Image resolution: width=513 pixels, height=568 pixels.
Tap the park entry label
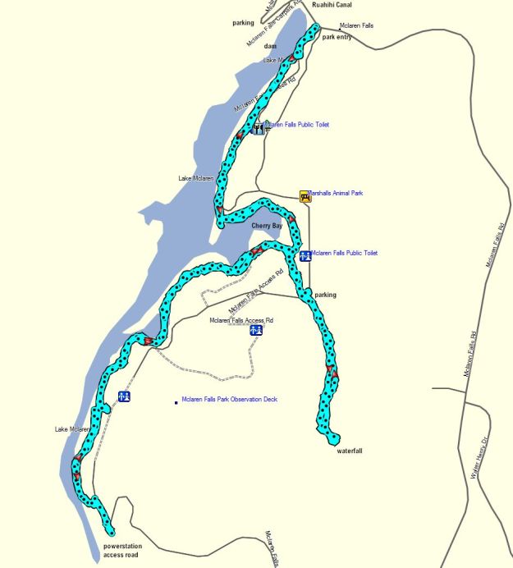click(337, 37)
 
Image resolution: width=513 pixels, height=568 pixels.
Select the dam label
click(270, 46)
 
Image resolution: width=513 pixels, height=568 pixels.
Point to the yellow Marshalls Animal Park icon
click(305, 195)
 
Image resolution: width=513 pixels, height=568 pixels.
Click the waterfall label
click(349, 451)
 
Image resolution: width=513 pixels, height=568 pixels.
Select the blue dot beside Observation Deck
click(176, 402)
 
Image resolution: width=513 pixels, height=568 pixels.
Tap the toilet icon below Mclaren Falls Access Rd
click(256, 331)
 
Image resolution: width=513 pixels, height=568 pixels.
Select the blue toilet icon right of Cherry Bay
click(305, 255)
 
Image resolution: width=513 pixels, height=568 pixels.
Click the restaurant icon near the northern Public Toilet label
click(259, 127)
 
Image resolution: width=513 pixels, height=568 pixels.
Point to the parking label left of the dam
click(243, 23)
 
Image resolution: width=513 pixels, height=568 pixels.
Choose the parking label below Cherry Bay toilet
click(326, 295)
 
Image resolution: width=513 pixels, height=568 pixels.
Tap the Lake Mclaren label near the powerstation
click(72, 429)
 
